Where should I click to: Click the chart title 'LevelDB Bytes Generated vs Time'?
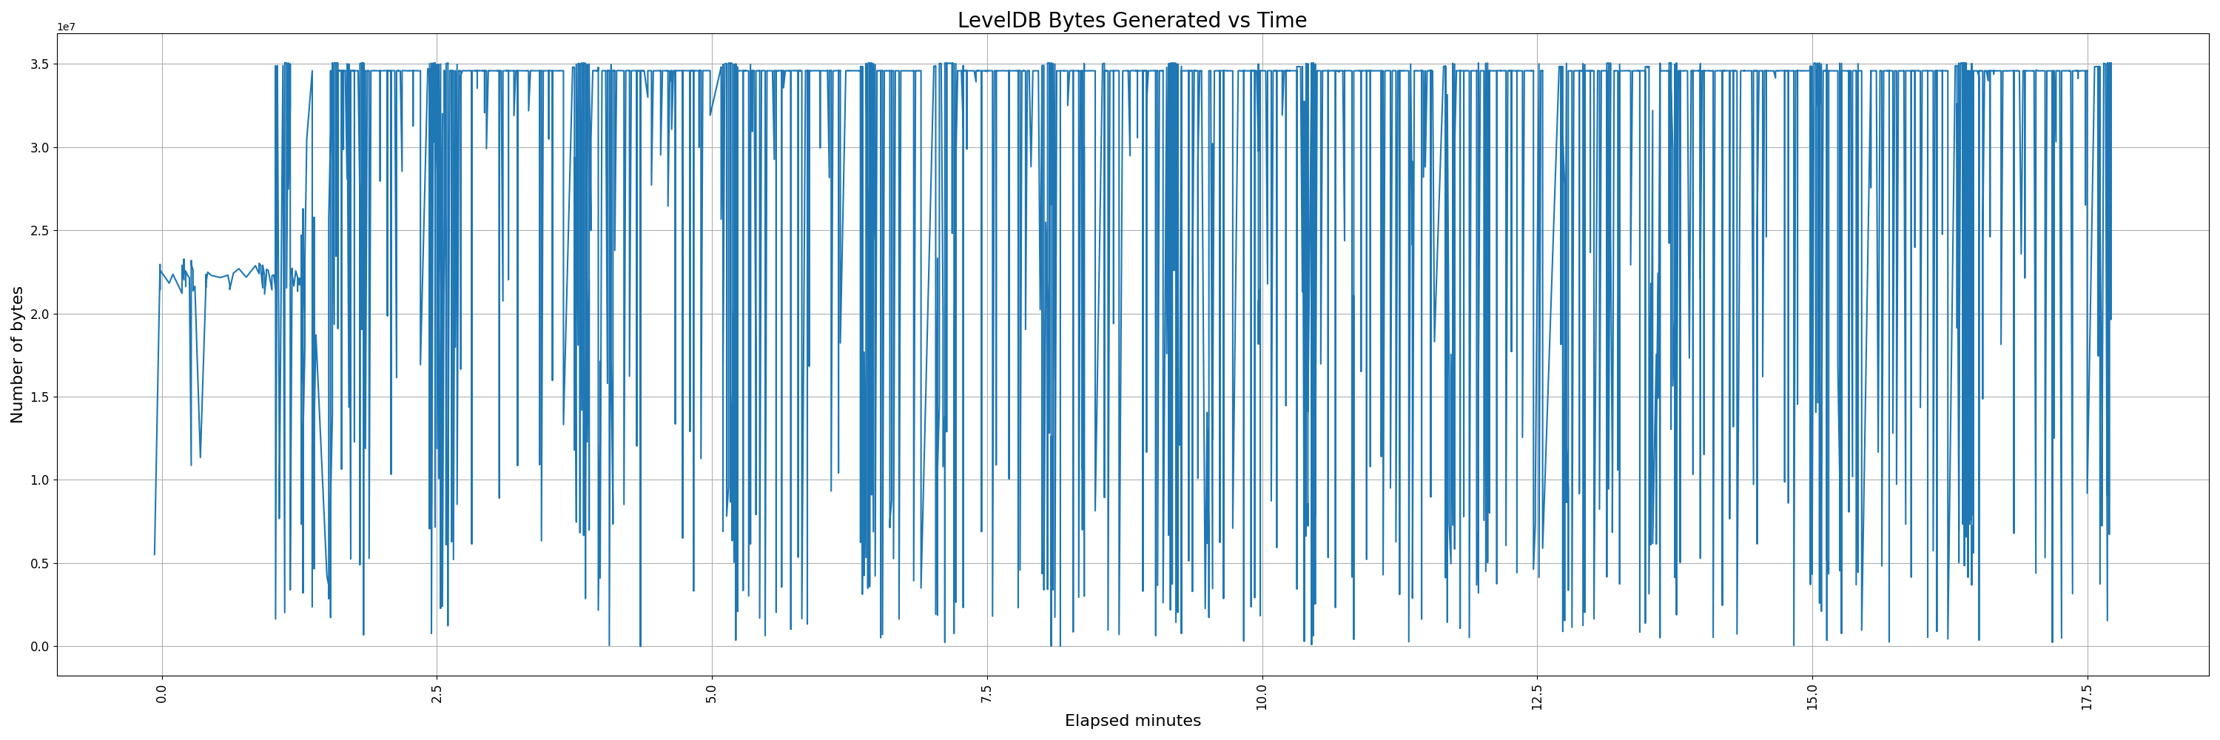1131,21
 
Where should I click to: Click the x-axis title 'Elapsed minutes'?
1131,721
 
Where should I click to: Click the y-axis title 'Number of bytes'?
17,355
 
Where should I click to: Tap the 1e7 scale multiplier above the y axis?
67,27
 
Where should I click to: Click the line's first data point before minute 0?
154,554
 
